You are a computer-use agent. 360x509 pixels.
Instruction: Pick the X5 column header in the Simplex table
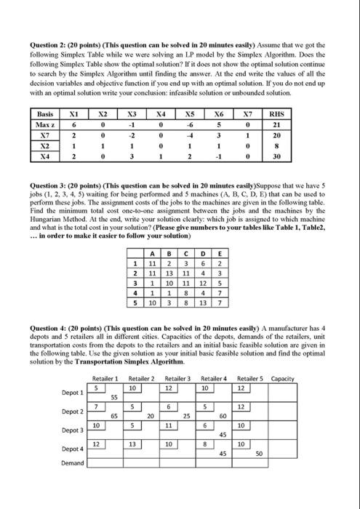point(190,113)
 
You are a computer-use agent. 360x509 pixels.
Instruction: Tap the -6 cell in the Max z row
point(190,124)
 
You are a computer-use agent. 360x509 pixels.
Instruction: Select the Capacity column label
point(282,378)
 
